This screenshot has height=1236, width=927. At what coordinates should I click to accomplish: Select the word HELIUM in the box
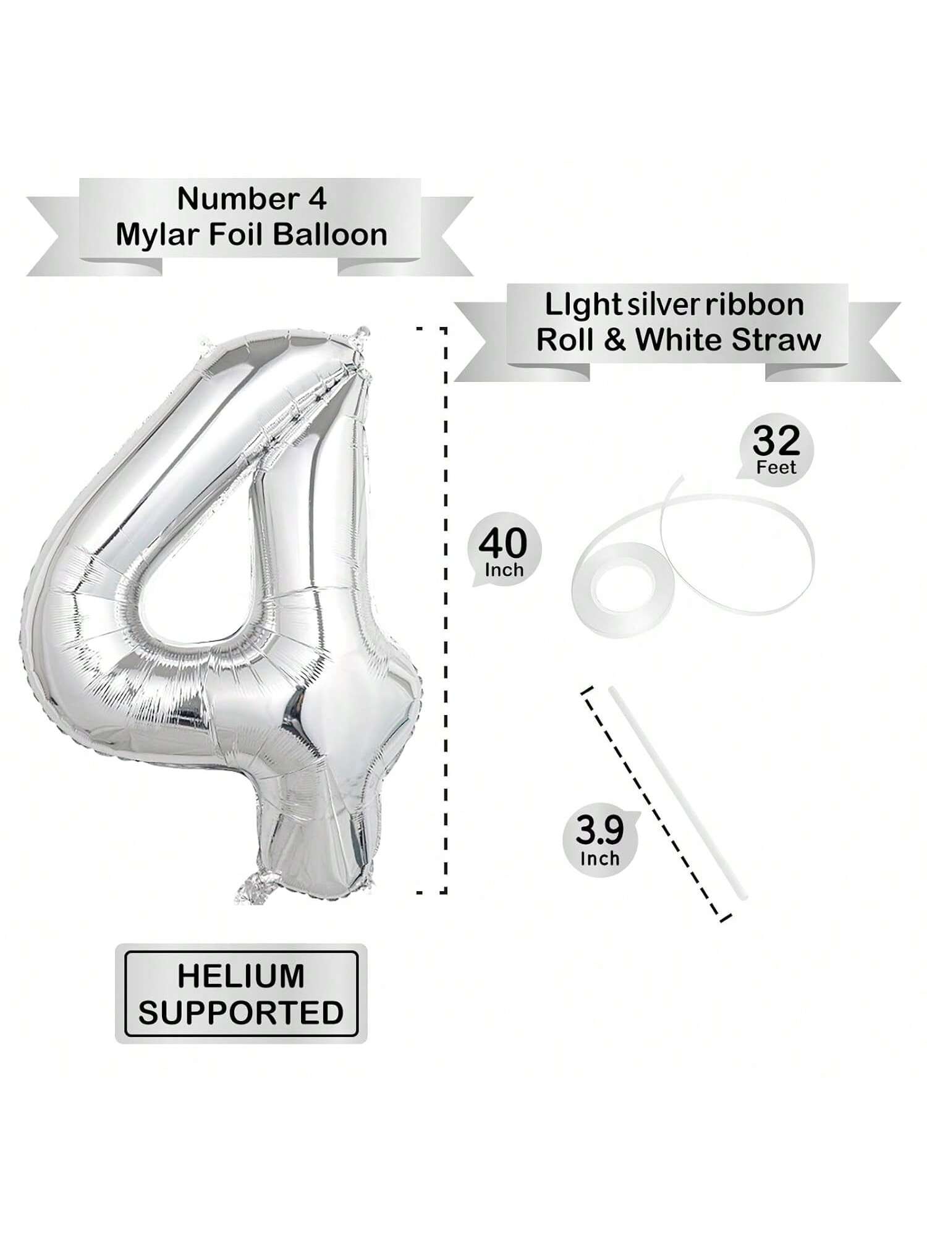(x=241, y=976)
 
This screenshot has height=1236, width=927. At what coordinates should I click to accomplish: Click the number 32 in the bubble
(x=776, y=440)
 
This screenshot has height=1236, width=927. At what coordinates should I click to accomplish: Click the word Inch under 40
(x=504, y=570)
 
